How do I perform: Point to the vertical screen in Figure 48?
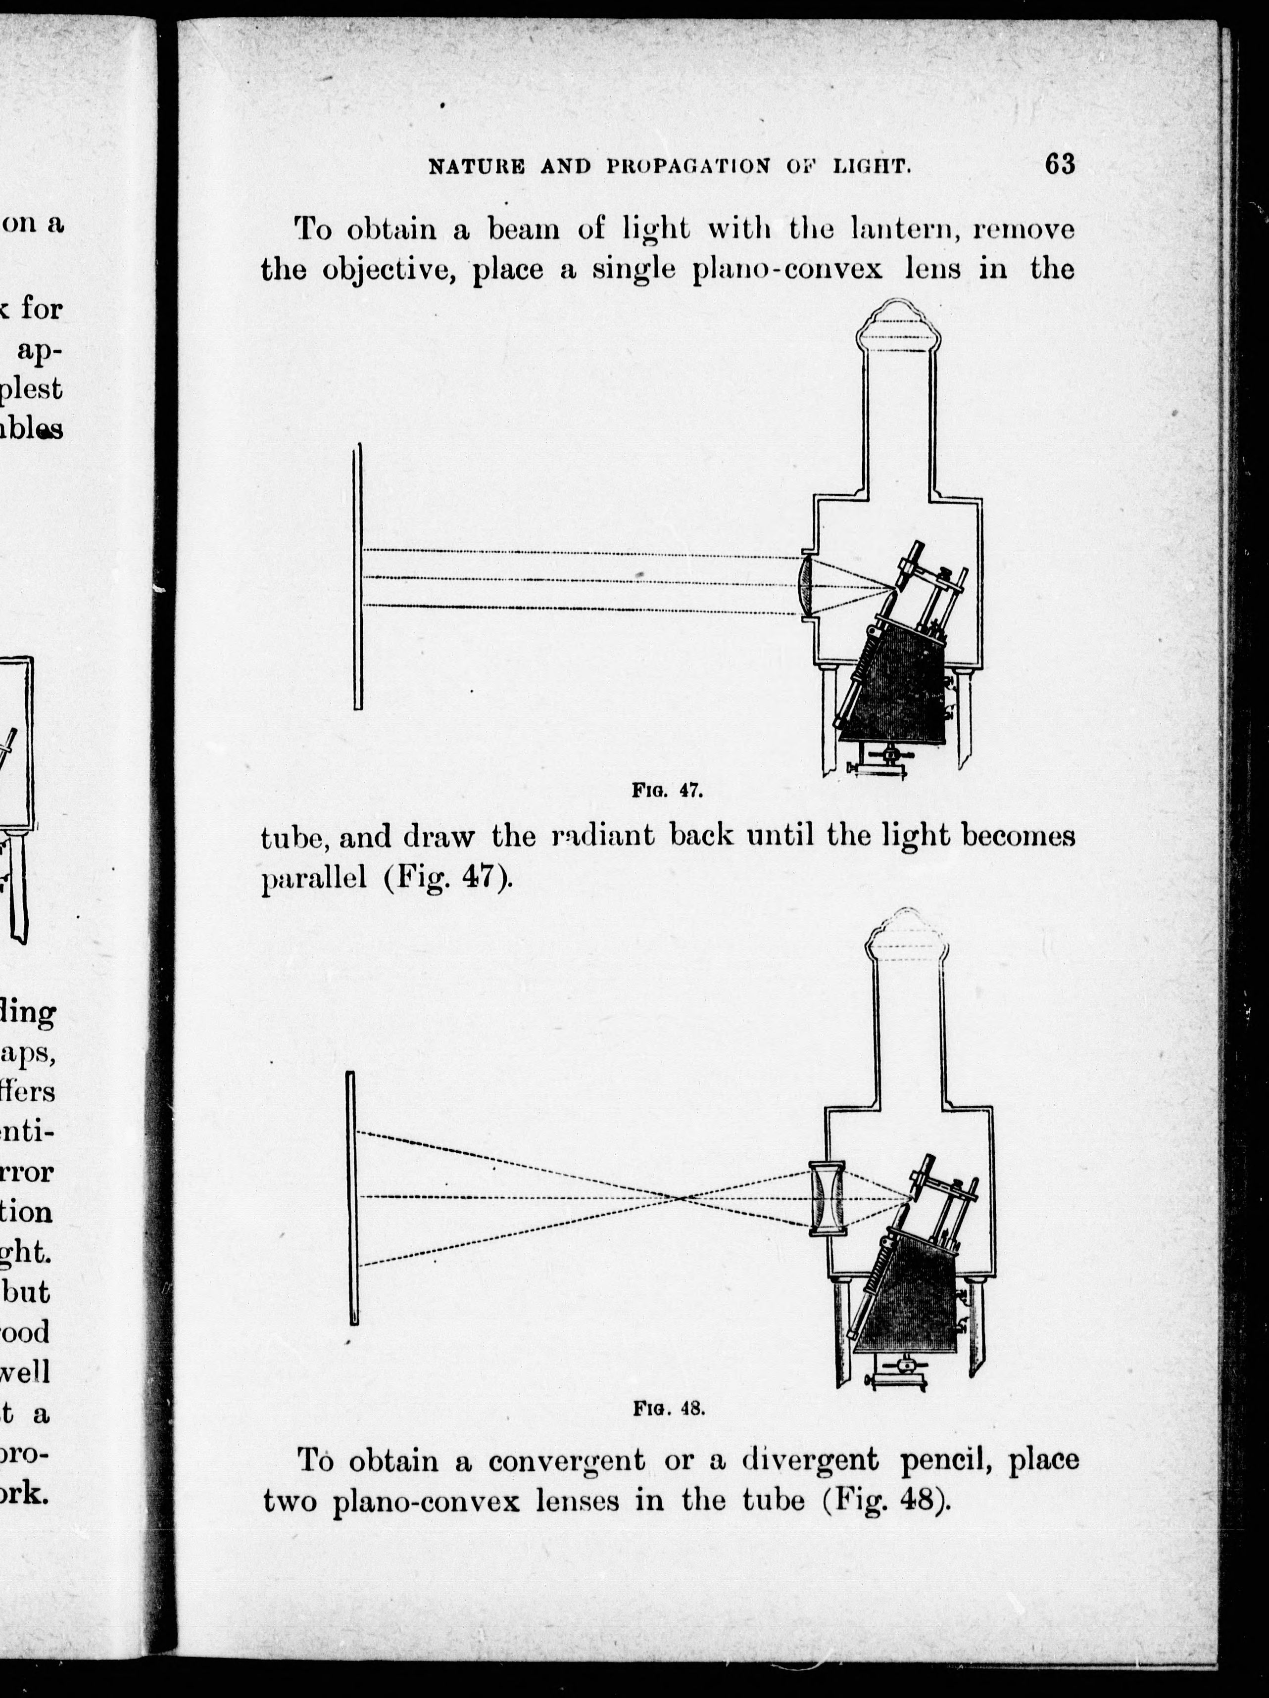click(x=352, y=1197)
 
